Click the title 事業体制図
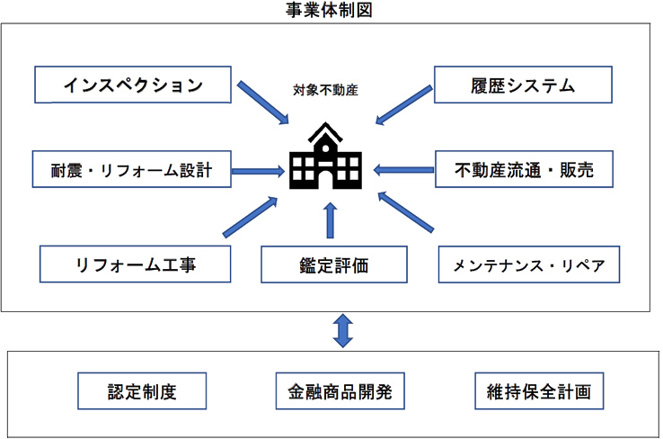pyautogui.click(x=329, y=10)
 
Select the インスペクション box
pyautogui.click(x=133, y=85)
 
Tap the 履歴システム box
pyautogui.click(x=523, y=85)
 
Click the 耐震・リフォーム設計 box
pyautogui.click(x=131, y=169)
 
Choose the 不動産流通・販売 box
pyautogui.click(x=524, y=169)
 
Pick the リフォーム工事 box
pyautogui.click(x=136, y=264)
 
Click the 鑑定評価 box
pyautogui.click(x=334, y=264)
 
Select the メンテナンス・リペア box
pyautogui.click(x=529, y=264)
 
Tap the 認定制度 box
pyautogui.click(x=142, y=391)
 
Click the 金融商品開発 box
pyautogui.click(x=340, y=391)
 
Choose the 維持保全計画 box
pyautogui.click(x=539, y=391)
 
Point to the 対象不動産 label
pyautogui.click(x=325, y=90)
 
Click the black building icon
pyautogui.click(x=325, y=156)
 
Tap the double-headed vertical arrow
pyautogui.click(x=343, y=331)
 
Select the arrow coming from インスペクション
pyautogui.click(x=262, y=103)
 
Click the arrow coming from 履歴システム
pyautogui.click(x=403, y=105)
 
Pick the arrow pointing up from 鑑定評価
pyautogui.click(x=331, y=220)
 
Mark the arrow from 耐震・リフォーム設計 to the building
pyautogui.click(x=258, y=171)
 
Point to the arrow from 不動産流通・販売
pyautogui.click(x=403, y=170)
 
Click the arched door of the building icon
pyautogui.click(x=325, y=180)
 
